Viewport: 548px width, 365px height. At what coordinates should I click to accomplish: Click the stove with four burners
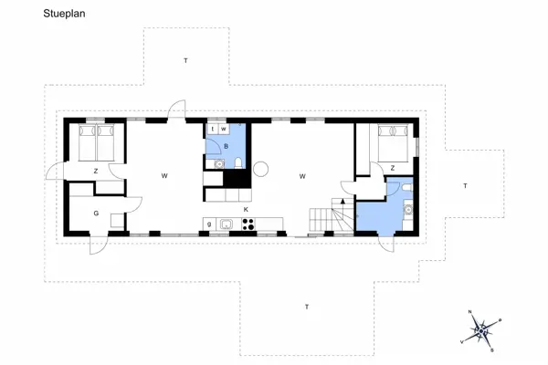click(248, 224)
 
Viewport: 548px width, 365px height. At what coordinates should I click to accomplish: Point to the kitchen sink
click(225, 224)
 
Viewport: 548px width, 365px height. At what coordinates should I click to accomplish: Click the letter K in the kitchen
click(246, 210)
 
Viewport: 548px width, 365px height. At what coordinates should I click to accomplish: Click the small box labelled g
click(209, 224)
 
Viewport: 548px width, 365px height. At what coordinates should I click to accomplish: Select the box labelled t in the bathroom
click(212, 130)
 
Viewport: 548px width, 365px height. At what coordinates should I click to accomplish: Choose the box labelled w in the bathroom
click(223, 130)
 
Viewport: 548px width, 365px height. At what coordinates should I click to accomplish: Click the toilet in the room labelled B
click(237, 163)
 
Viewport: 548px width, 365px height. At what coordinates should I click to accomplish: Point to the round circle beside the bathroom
click(260, 167)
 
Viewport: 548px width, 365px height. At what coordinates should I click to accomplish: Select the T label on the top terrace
click(184, 60)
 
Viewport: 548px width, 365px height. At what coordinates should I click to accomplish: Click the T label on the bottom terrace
click(307, 307)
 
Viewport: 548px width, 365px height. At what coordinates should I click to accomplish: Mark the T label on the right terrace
click(464, 185)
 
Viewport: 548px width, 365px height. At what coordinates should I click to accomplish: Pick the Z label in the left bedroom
click(94, 171)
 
